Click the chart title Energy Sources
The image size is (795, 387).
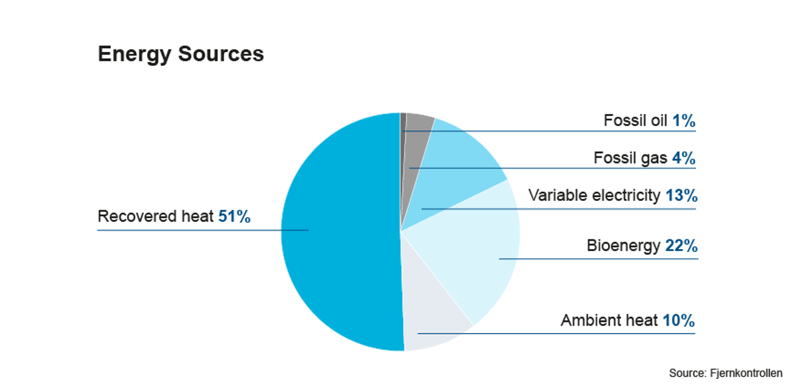(x=181, y=55)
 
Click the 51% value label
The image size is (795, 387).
(x=234, y=216)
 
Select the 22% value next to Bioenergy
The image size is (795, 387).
(x=681, y=246)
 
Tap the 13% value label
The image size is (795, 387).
(x=681, y=195)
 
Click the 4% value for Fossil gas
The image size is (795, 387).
(x=683, y=158)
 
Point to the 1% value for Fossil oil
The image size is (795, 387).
(x=683, y=120)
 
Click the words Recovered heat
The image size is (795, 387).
(x=156, y=216)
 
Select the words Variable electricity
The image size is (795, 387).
(x=594, y=195)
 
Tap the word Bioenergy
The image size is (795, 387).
(x=623, y=246)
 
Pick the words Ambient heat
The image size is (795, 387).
(x=609, y=321)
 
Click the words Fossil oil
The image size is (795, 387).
(x=635, y=120)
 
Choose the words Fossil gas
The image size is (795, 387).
(x=630, y=158)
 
